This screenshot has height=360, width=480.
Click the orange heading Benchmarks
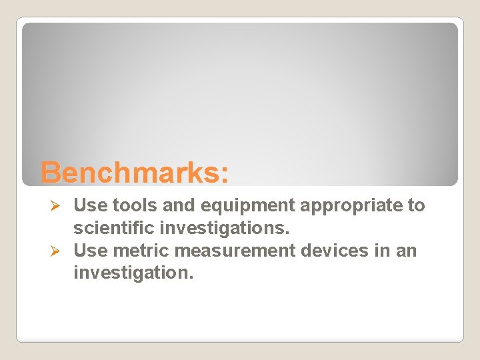tap(134, 172)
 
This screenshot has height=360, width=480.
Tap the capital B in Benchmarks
tap(51, 172)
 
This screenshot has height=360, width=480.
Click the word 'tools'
tap(127, 206)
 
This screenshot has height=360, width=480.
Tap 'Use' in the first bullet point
tap(89, 206)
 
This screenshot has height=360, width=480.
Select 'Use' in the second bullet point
tap(89, 251)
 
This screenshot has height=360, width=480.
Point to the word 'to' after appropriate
tap(416, 206)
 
